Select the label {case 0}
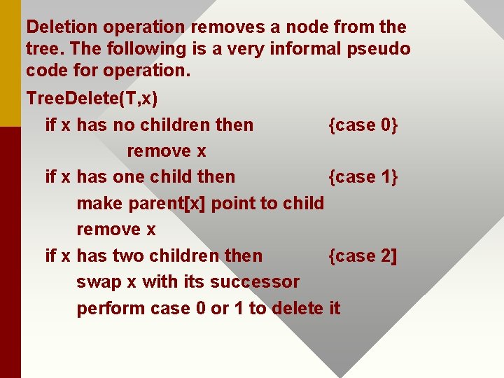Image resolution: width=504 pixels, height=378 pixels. click(x=363, y=125)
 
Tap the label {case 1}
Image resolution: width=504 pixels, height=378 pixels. click(x=363, y=177)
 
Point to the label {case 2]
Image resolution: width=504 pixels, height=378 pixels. click(x=362, y=256)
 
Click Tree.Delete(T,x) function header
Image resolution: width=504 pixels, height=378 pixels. click(x=91, y=99)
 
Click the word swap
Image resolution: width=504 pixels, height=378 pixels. click(x=97, y=282)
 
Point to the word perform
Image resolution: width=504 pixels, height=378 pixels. click(x=110, y=309)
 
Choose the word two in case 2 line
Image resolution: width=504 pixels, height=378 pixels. click(x=128, y=256)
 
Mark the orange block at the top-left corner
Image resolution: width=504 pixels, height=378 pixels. click(x=10, y=63)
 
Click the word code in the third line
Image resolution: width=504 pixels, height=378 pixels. click(x=45, y=71)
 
